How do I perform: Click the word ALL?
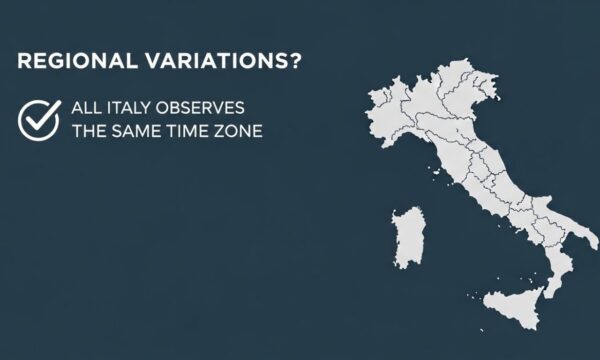(x=86, y=107)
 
